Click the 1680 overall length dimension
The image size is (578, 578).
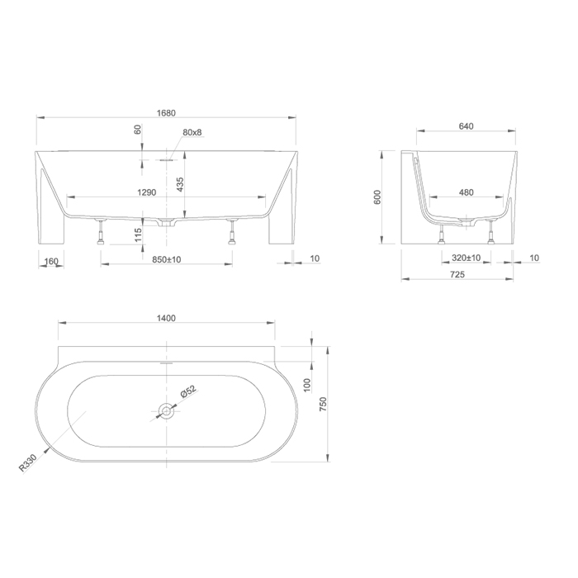[166, 113]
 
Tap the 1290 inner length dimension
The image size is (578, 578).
[147, 192]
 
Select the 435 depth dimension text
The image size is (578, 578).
[180, 184]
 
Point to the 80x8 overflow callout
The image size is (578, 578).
[192, 132]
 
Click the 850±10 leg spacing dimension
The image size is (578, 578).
[167, 259]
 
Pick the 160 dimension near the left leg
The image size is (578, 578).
[51, 261]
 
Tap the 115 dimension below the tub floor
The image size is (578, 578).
[138, 235]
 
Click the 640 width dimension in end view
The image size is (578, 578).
[466, 126]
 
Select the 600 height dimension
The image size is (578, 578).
[377, 197]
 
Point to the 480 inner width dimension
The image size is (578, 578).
[467, 192]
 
